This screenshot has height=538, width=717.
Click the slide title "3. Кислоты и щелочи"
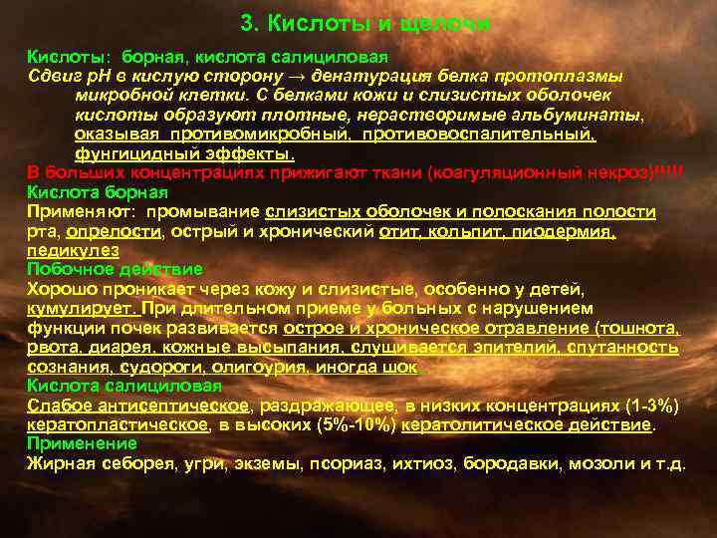366,22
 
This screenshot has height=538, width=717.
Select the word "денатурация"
359,77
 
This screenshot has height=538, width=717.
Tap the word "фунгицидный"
124,154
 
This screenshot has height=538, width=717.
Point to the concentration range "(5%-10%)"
339,424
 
